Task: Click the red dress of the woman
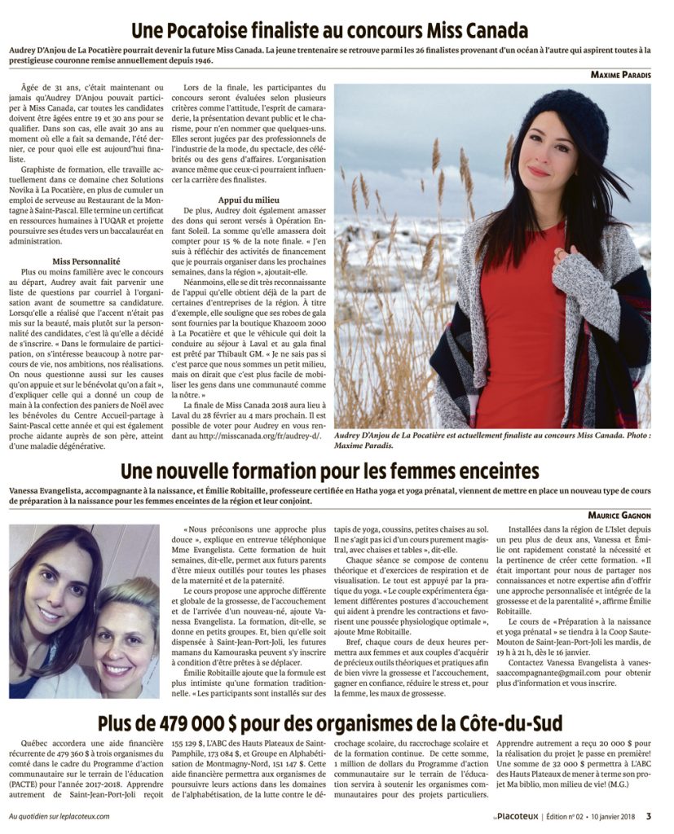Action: coord(522,326)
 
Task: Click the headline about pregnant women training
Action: coord(329,472)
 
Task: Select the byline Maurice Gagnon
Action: coord(619,515)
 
